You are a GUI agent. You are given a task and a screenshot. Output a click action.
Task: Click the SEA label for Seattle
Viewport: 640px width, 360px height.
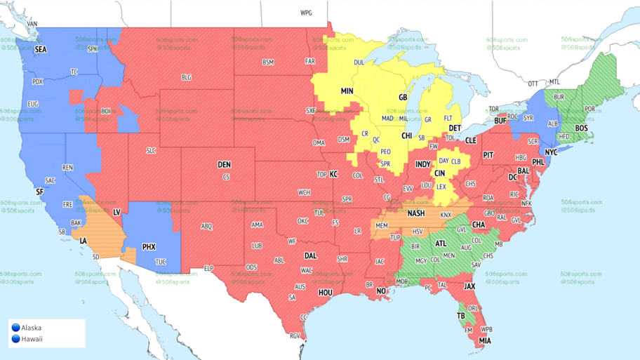(41, 50)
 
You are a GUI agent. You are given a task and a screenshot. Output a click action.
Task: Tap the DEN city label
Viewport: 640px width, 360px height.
(224, 165)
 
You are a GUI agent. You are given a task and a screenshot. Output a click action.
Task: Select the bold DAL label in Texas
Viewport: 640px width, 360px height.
(311, 256)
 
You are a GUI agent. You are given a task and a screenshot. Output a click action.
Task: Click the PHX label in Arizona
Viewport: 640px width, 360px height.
(149, 247)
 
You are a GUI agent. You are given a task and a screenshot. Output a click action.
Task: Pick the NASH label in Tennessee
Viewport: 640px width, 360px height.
(416, 213)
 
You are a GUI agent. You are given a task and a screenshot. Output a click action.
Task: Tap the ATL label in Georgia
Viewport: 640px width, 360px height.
(441, 244)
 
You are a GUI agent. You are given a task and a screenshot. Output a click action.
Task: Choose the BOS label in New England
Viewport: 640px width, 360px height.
(581, 128)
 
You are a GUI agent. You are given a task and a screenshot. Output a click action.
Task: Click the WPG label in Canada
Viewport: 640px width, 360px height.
(306, 13)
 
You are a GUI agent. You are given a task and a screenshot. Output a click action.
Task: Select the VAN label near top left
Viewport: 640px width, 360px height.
(32, 23)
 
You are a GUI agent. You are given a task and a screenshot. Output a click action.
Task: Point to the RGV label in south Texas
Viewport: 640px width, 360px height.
(295, 336)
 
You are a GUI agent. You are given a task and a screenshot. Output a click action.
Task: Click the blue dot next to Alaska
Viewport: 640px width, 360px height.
(15, 328)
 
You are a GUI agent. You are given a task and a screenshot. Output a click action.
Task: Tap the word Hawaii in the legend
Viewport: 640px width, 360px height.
(32, 340)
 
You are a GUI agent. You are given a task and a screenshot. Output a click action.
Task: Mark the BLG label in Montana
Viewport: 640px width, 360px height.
(186, 77)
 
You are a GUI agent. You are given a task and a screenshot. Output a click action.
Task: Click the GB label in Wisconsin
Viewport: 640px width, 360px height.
(403, 97)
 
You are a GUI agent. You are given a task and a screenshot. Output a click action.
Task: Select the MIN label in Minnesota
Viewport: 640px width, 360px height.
(347, 91)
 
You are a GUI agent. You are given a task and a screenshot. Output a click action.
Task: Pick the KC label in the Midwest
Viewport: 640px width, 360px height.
(334, 174)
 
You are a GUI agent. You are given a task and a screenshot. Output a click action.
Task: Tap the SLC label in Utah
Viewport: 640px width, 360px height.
(151, 151)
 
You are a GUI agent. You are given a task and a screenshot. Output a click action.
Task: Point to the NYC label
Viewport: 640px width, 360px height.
(552, 152)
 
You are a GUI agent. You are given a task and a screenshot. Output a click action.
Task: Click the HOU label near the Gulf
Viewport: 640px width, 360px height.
(325, 292)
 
